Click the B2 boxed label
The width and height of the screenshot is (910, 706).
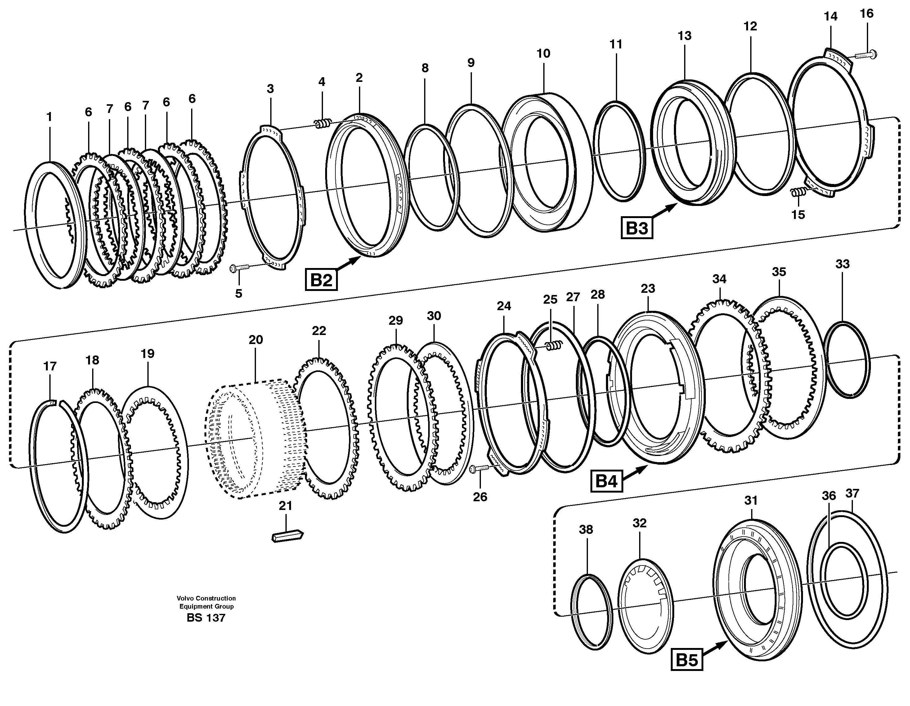tap(321, 280)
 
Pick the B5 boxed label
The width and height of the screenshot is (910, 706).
tap(687, 660)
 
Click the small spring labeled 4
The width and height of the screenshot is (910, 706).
tap(322, 123)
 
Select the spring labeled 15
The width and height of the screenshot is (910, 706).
tap(797, 192)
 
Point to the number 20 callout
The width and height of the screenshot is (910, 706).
tap(256, 340)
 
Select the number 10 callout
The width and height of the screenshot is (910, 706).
tap(543, 53)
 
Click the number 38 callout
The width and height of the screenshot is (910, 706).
tap(586, 530)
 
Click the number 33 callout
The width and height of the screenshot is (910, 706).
tap(842, 264)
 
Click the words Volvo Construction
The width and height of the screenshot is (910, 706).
tap(206, 598)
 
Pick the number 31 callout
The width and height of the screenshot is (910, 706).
tap(751, 500)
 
